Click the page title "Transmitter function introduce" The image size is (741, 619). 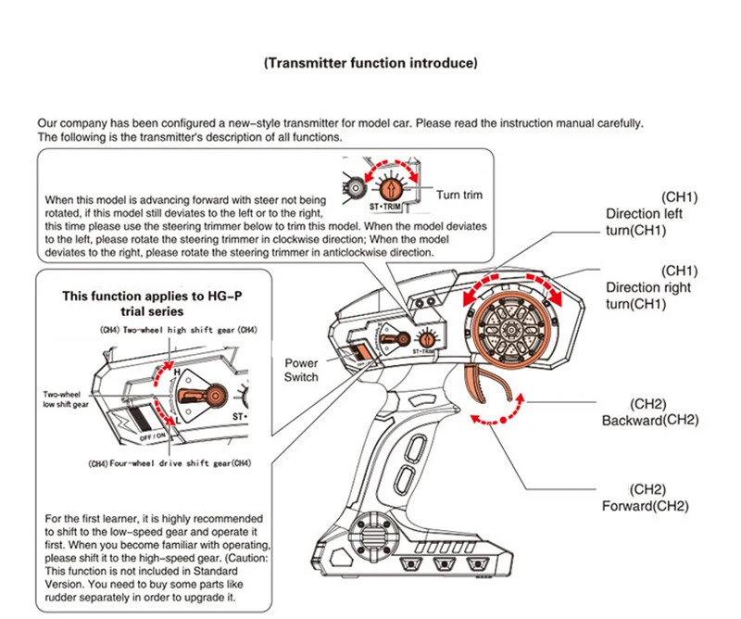click(370, 63)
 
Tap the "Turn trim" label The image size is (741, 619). click(459, 195)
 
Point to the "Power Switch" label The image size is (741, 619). click(301, 371)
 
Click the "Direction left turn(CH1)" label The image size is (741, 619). click(644, 222)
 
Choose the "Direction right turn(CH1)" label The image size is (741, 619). click(647, 296)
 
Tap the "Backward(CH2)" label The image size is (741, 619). click(650, 420)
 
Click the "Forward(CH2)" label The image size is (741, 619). click(645, 506)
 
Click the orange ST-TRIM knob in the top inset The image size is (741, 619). click(391, 189)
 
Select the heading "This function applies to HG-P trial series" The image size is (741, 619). click(152, 304)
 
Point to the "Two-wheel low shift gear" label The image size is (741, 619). click(65, 399)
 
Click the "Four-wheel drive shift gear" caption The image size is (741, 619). click(170, 463)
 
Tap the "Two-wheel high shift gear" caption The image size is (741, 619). click(179, 330)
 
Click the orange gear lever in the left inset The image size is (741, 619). click(202, 396)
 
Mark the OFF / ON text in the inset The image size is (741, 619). click(153, 436)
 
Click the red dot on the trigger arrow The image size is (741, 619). click(504, 420)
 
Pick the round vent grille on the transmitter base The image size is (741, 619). click(377, 537)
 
